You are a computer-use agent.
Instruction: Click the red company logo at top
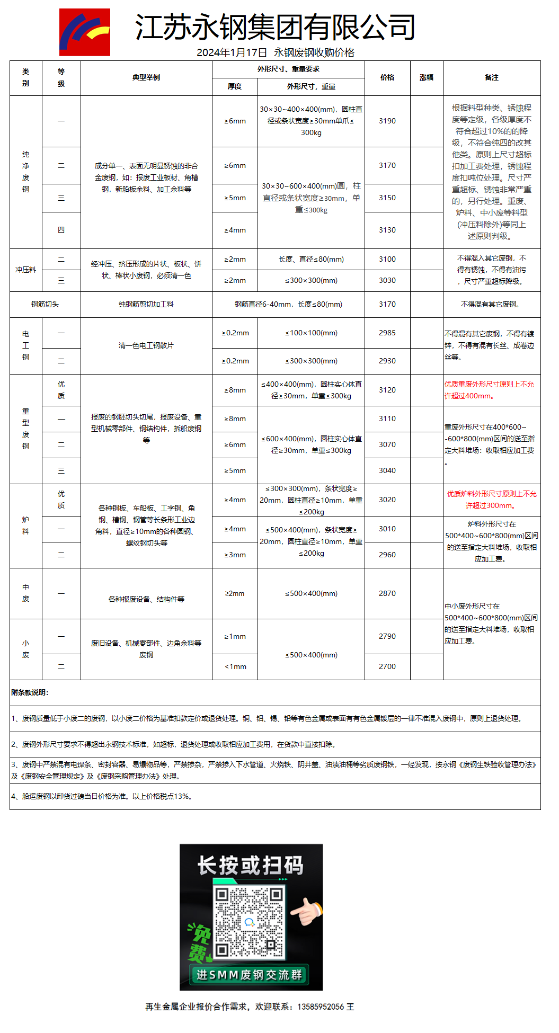point(85,32)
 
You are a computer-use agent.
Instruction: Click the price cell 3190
point(387,121)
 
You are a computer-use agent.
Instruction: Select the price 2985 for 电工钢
point(387,333)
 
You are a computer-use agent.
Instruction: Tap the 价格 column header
point(387,77)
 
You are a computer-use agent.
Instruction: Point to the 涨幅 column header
point(427,77)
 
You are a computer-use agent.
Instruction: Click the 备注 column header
point(492,77)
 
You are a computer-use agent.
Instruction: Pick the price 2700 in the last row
point(387,666)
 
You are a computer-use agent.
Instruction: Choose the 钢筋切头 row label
point(45,304)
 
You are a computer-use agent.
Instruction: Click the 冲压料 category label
point(25,270)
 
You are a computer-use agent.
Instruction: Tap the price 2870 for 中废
point(387,593)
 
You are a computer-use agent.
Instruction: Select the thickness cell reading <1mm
point(235,666)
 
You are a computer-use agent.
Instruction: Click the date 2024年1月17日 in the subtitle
point(232,52)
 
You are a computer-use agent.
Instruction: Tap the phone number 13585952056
point(321,1007)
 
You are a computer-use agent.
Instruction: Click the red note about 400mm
point(489,390)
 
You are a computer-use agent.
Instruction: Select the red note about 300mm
point(491,500)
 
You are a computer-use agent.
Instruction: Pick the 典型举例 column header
point(146,77)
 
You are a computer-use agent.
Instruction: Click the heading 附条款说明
point(30,692)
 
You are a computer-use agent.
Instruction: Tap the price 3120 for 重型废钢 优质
point(387,390)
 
